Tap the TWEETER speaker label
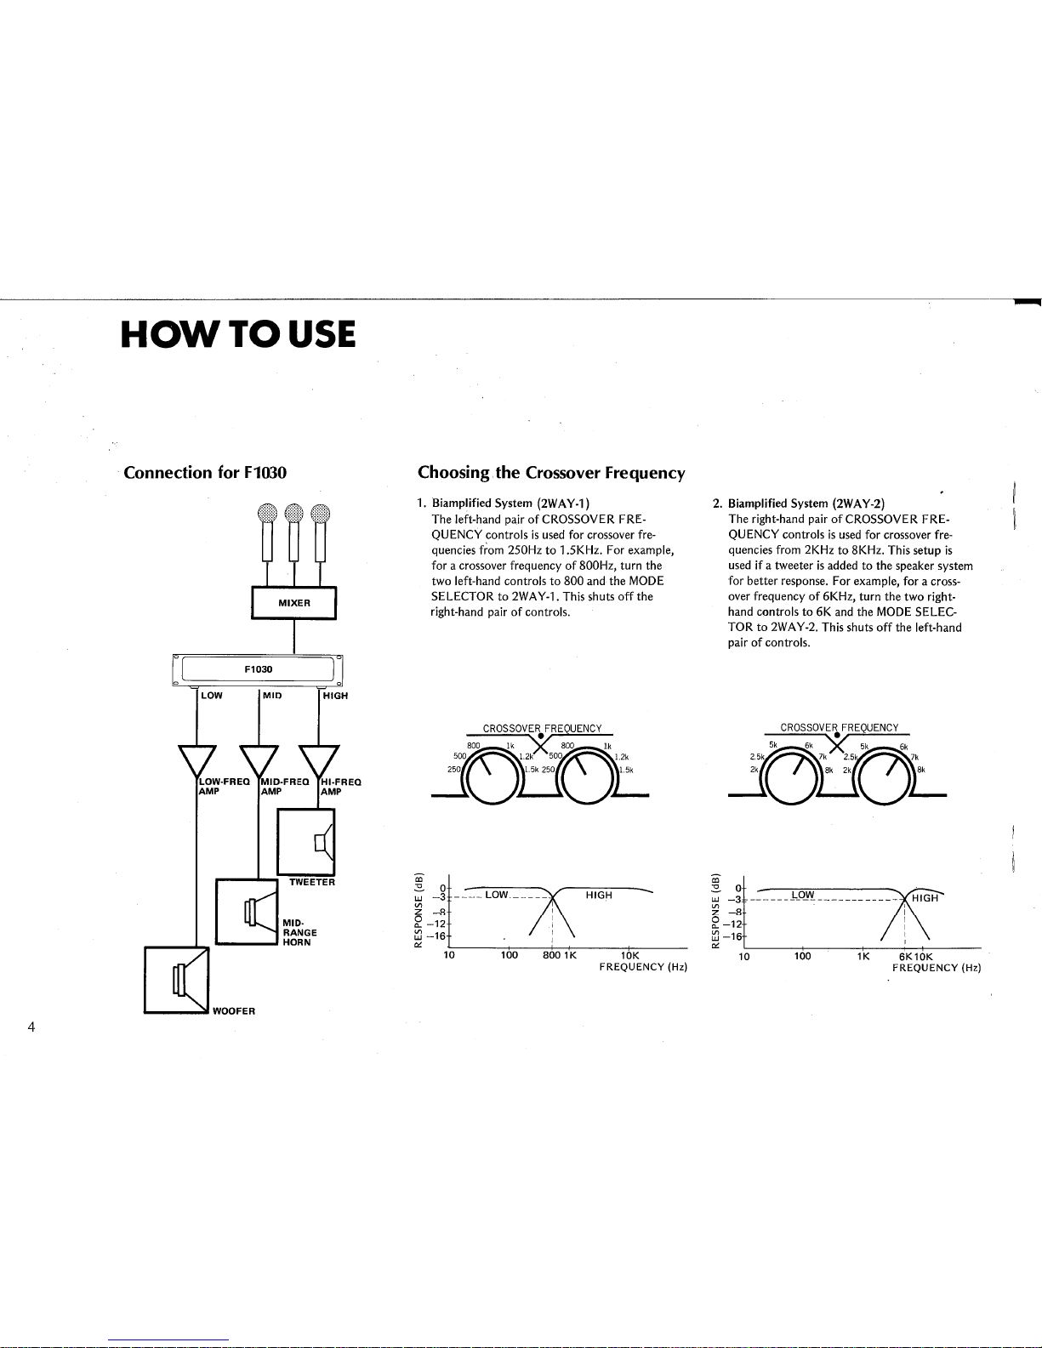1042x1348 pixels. (312, 882)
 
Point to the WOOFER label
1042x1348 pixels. (234, 1011)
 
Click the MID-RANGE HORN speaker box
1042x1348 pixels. (248, 912)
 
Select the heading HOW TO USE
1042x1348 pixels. (238, 333)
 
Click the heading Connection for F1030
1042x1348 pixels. (205, 473)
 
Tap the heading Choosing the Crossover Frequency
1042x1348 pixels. (551, 473)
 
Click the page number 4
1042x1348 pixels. (31, 1027)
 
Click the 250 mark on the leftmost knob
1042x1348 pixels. (453, 770)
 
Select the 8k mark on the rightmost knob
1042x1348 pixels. (920, 770)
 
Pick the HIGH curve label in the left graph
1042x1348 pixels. (599, 895)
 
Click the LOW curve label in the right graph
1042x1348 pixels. (803, 895)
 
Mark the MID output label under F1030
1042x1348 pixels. (272, 696)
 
